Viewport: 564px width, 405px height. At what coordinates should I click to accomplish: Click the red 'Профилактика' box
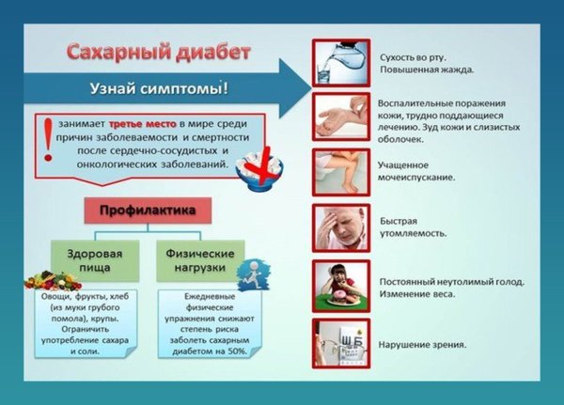coord(147,210)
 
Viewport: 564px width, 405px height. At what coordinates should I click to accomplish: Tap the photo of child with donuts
coord(339,286)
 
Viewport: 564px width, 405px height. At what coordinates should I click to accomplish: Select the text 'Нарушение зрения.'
coord(423,345)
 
